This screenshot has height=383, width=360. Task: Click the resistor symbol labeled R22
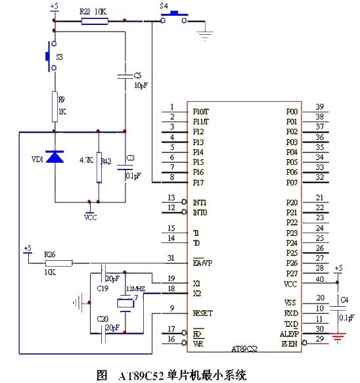95,21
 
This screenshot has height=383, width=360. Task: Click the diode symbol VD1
55,158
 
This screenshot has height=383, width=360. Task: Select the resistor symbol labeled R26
50,261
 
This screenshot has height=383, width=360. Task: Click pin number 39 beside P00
319,107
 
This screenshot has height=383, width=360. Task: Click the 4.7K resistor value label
85,160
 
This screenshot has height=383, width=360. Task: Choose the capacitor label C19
102,288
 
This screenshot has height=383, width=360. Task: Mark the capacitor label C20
102,319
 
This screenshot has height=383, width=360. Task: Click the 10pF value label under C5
141,86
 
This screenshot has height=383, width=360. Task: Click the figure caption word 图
102,375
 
